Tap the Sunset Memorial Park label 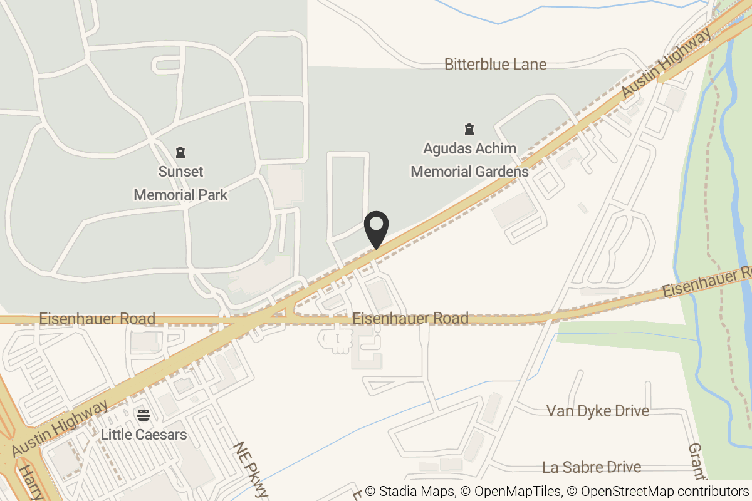pyautogui.click(x=180, y=183)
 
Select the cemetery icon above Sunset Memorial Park pyautogui.click(x=180, y=152)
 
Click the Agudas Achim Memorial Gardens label pyautogui.click(x=469, y=160)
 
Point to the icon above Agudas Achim pyautogui.click(x=469, y=130)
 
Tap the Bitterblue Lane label pyautogui.click(x=495, y=64)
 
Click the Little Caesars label pyautogui.click(x=144, y=434)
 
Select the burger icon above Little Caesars pyautogui.click(x=144, y=414)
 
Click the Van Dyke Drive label pyautogui.click(x=597, y=411)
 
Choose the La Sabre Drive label pyautogui.click(x=592, y=467)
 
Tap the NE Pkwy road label pyautogui.click(x=251, y=469)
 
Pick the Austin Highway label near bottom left pyautogui.click(x=60, y=429)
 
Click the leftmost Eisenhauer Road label pyautogui.click(x=97, y=318)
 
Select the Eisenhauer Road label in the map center pyautogui.click(x=410, y=318)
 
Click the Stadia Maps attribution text pyautogui.click(x=410, y=492)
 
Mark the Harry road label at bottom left pyautogui.click(x=29, y=483)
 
